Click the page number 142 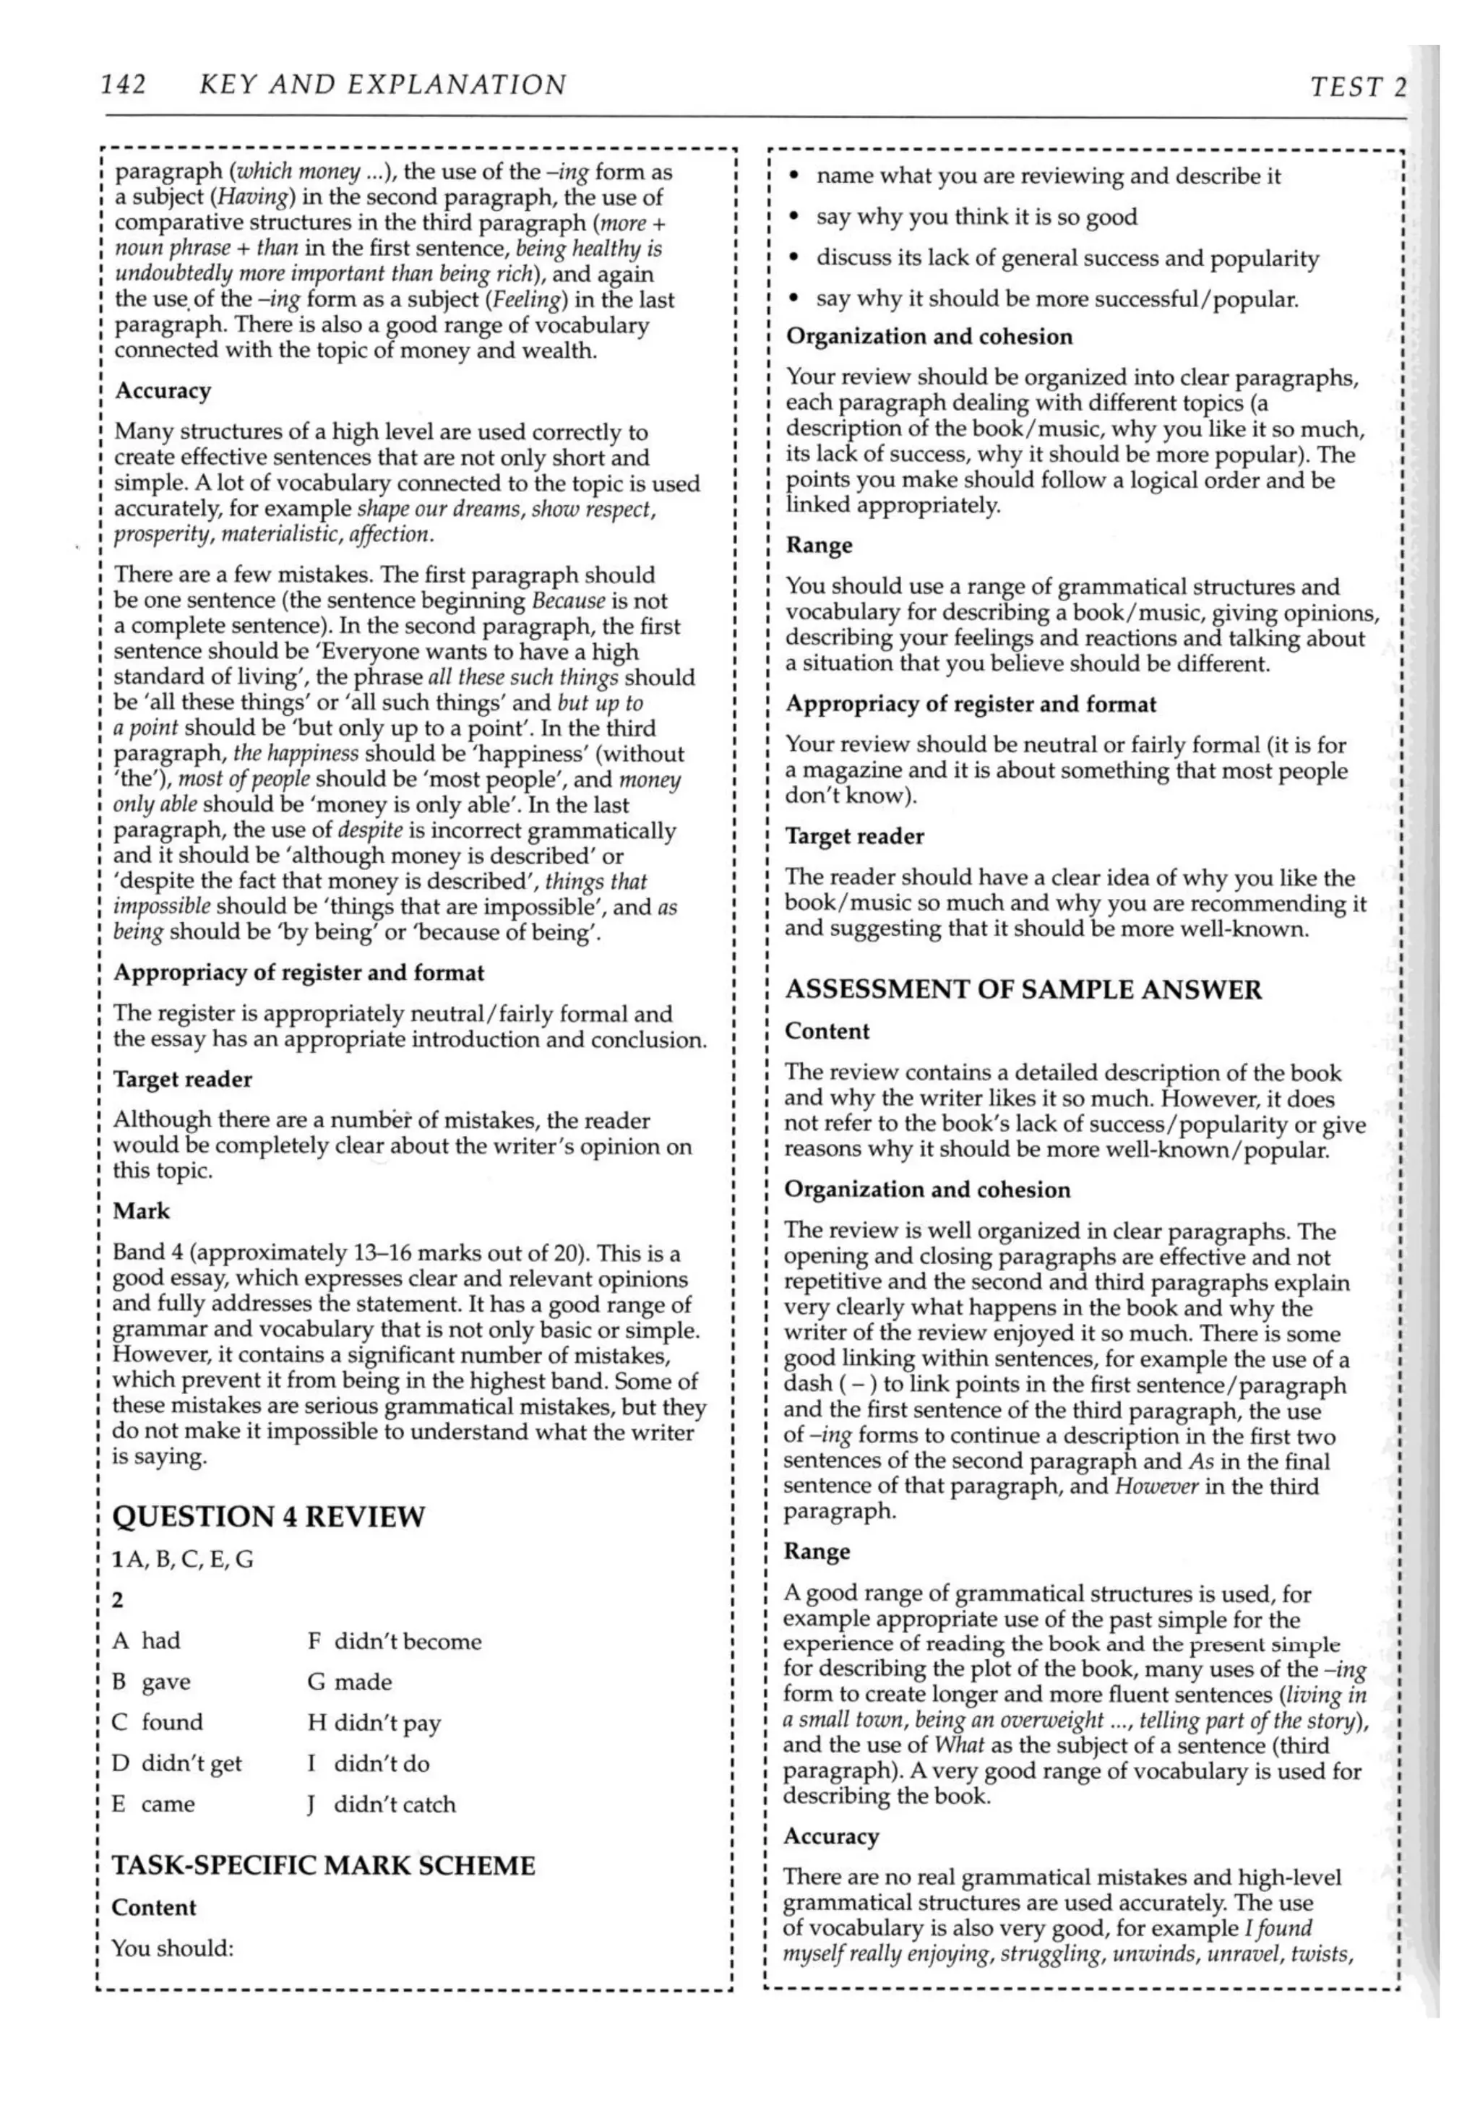[124, 85]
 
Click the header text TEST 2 [1357, 87]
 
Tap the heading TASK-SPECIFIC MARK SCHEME [323, 1866]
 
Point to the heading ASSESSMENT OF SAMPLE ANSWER [1023, 990]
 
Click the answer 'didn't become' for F [407, 1640]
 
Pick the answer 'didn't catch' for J [394, 1804]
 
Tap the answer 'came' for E [167, 1804]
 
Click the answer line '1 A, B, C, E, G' [183, 1559]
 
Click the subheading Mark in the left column [142, 1211]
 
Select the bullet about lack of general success [1067, 258]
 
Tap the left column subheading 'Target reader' [182, 1079]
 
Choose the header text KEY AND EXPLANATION [383, 85]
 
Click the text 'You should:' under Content [173, 1948]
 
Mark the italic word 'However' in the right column [1155, 1487]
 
